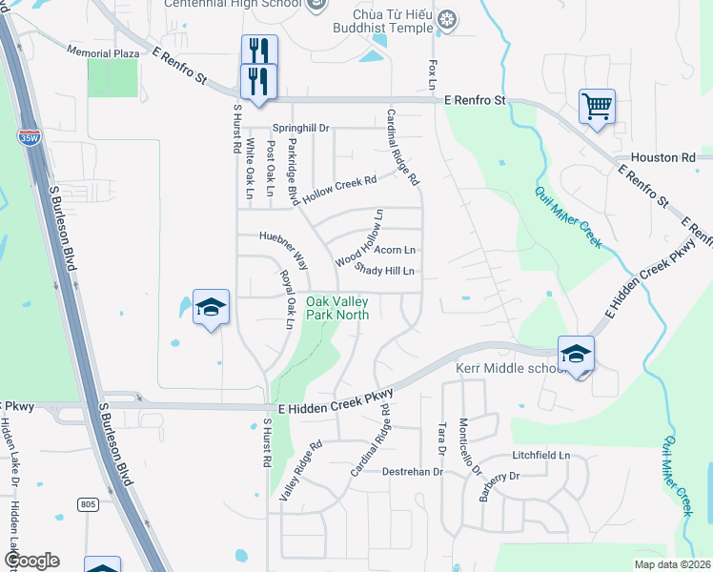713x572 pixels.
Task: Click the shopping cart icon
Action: pyautogui.click(x=597, y=107)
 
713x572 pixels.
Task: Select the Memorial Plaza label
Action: pyautogui.click(x=102, y=51)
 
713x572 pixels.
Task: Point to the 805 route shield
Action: pyautogui.click(x=89, y=502)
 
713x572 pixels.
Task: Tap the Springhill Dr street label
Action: pyautogui.click(x=300, y=128)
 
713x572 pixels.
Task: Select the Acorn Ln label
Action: pyautogui.click(x=395, y=250)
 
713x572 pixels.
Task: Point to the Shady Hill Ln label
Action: pyautogui.click(x=385, y=271)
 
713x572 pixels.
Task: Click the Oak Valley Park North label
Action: pyautogui.click(x=337, y=308)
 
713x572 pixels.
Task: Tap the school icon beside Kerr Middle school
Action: pyautogui.click(x=576, y=354)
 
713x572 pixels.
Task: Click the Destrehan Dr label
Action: pyautogui.click(x=413, y=472)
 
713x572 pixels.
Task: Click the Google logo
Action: pyautogui.click(x=31, y=561)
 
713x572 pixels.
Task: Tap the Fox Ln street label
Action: pyautogui.click(x=434, y=74)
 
